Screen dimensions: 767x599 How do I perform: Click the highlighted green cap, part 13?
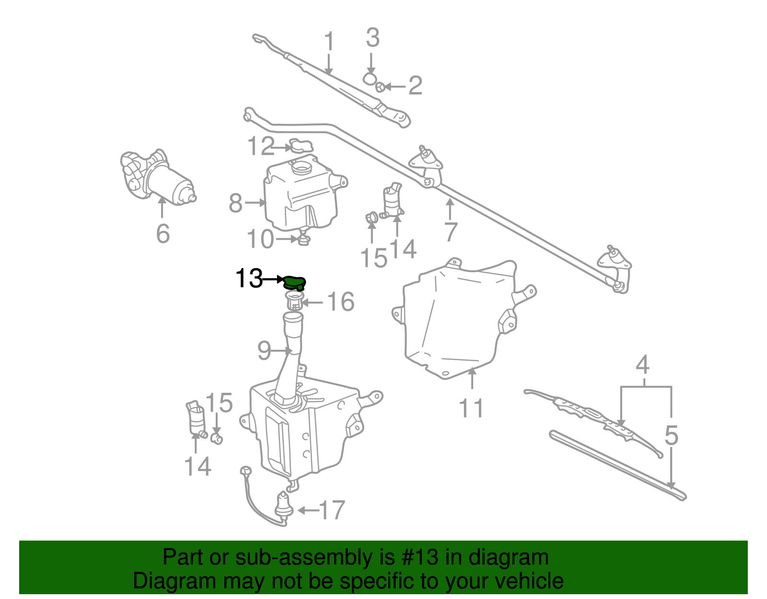pyautogui.click(x=294, y=283)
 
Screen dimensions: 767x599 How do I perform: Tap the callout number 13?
pyautogui.click(x=249, y=278)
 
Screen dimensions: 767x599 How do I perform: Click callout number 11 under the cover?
pyautogui.click(x=471, y=409)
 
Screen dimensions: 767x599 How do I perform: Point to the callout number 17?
pyautogui.click(x=332, y=510)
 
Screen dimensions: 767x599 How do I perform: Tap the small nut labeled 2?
pyautogui.click(x=380, y=87)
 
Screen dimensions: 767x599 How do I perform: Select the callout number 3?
pyautogui.click(x=373, y=38)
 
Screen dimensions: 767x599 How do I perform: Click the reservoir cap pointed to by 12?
pyautogui.click(x=301, y=146)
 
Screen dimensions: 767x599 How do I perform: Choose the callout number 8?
pyautogui.click(x=236, y=203)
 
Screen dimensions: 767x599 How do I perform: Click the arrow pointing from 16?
pyautogui.click(x=313, y=303)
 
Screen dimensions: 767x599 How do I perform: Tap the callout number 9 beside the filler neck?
pyautogui.click(x=264, y=351)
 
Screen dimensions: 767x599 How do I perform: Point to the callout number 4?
pyautogui.click(x=642, y=365)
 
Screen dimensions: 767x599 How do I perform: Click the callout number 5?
pyautogui.click(x=671, y=435)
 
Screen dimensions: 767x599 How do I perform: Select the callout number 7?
pyautogui.click(x=451, y=232)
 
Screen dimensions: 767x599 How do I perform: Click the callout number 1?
pyautogui.click(x=329, y=41)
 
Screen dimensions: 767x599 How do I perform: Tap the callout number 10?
pyautogui.click(x=260, y=239)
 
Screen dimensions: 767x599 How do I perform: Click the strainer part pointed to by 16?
pyautogui.click(x=294, y=301)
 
